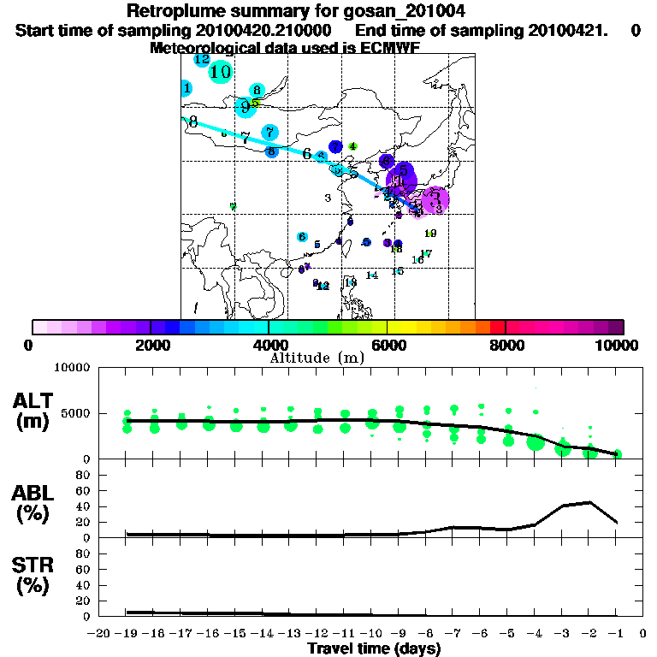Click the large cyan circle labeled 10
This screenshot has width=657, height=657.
click(x=221, y=72)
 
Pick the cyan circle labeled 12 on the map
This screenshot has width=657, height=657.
click(x=202, y=60)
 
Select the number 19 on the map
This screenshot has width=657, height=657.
click(x=430, y=234)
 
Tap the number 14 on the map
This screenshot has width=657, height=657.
click(x=371, y=275)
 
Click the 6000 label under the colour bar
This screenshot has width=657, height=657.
click(x=388, y=345)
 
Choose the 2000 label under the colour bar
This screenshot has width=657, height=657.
click(x=151, y=345)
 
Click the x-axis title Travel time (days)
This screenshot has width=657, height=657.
click(x=374, y=649)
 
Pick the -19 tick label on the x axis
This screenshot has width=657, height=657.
click(x=127, y=634)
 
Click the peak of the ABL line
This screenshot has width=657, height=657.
click(x=590, y=502)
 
